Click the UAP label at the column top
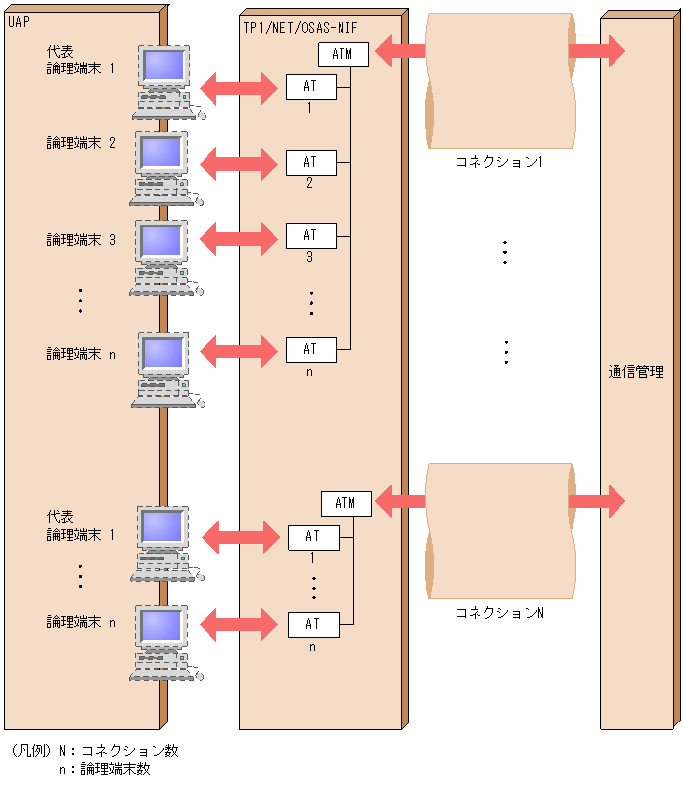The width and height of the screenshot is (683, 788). pyautogui.click(x=18, y=22)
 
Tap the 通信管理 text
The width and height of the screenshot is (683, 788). pyautogui.click(x=635, y=373)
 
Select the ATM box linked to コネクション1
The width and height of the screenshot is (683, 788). pyautogui.click(x=343, y=54)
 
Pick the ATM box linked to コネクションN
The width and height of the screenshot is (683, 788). pyautogui.click(x=345, y=503)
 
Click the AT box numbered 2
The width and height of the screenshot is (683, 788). pyautogui.click(x=310, y=162)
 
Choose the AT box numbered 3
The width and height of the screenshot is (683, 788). pyautogui.click(x=310, y=235)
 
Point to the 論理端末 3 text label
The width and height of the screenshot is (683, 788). pyautogui.click(x=81, y=240)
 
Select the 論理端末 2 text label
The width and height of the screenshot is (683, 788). pyautogui.click(x=81, y=143)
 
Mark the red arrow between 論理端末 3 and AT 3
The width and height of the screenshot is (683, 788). pyautogui.click(x=239, y=236)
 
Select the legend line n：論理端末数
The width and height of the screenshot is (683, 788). pyautogui.click(x=104, y=768)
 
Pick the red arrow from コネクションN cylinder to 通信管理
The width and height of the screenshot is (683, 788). pyautogui.click(x=597, y=501)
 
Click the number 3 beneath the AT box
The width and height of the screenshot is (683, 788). pyautogui.click(x=309, y=257)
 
